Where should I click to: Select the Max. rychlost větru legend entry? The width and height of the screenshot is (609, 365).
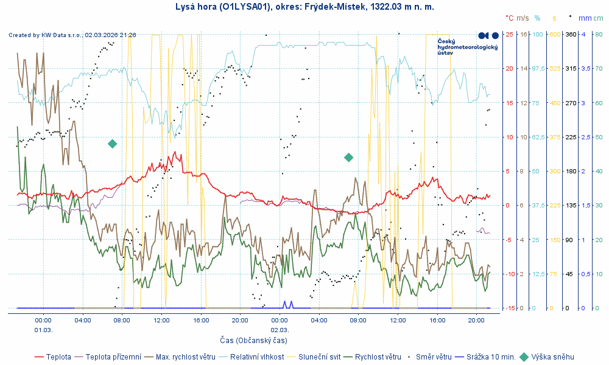(185, 357)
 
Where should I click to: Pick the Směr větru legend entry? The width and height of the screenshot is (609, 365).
(437, 357)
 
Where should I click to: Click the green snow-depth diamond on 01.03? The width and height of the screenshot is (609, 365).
(112, 144)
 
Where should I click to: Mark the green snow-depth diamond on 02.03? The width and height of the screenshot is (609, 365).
(349, 158)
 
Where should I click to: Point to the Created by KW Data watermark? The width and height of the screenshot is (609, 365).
(72, 35)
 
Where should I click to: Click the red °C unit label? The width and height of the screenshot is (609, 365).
(510, 18)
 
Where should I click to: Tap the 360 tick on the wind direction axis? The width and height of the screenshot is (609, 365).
(571, 34)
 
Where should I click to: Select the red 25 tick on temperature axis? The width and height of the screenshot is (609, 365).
(509, 34)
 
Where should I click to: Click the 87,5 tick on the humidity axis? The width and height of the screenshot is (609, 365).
(539, 69)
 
